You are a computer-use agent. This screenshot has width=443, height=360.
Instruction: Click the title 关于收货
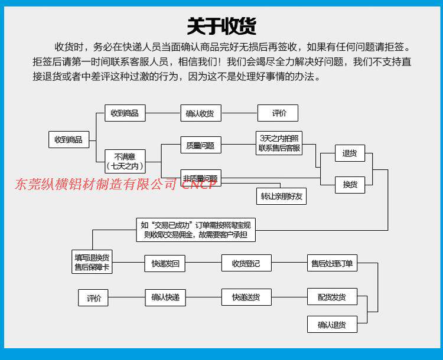[x=221, y=25]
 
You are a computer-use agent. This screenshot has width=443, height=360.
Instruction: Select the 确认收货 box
[x=200, y=113]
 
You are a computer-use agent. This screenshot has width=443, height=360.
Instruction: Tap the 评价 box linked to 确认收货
[x=278, y=113]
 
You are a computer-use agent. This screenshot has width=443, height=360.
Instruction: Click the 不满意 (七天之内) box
[x=125, y=161]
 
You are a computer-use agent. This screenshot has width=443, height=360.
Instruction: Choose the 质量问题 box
[x=200, y=145]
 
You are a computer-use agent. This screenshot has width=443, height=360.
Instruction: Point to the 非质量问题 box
[x=200, y=178]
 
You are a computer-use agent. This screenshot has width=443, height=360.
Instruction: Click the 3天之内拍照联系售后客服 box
[x=279, y=143]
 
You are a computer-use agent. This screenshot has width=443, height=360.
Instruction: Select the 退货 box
[x=350, y=153]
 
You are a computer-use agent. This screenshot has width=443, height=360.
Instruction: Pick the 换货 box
[x=350, y=185]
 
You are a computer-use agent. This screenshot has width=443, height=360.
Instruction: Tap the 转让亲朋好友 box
[x=282, y=196]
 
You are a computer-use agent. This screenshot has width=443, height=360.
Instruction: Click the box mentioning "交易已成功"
[x=196, y=230]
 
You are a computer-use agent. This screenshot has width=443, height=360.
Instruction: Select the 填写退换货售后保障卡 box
[x=92, y=263]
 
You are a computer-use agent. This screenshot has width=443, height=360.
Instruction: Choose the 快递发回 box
[x=165, y=263]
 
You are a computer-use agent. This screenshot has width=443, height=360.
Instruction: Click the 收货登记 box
[x=246, y=263]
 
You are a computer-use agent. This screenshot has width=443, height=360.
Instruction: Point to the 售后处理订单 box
[x=332, y=263]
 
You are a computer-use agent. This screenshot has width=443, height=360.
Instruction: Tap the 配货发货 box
[x=332, y=296]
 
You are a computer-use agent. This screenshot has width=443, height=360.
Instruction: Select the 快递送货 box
[x=246, y=297]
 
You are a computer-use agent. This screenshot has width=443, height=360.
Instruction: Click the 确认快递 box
[x=165, y=297]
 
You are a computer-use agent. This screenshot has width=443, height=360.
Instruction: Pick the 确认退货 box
[x=332, y=325]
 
